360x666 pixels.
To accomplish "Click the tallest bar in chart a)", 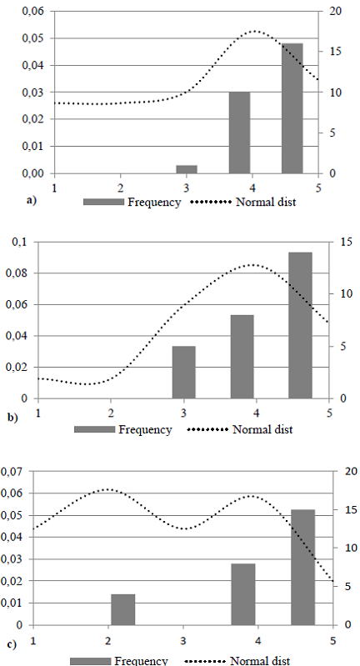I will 292,108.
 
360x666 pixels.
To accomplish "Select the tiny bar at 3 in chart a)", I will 187,169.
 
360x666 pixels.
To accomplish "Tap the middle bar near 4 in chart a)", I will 240,133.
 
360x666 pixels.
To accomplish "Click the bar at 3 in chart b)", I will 183,372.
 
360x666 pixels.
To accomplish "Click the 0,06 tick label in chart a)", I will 33,11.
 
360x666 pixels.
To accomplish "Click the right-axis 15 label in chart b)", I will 346,242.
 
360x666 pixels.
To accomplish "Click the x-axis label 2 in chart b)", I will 111,413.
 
